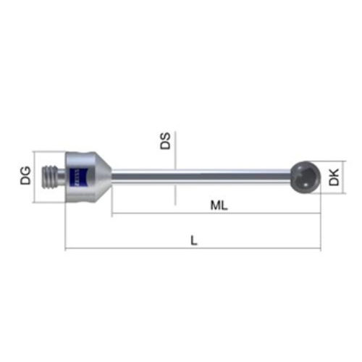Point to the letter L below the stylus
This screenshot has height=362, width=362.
coord(194,240)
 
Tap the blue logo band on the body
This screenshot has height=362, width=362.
coord(76,176)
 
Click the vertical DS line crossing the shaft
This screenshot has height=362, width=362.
coord(174,156)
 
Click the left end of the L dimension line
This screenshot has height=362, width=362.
coord(66,250)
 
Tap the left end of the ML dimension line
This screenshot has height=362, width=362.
coord(112,214)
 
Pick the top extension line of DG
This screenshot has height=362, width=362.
coord(51,151)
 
